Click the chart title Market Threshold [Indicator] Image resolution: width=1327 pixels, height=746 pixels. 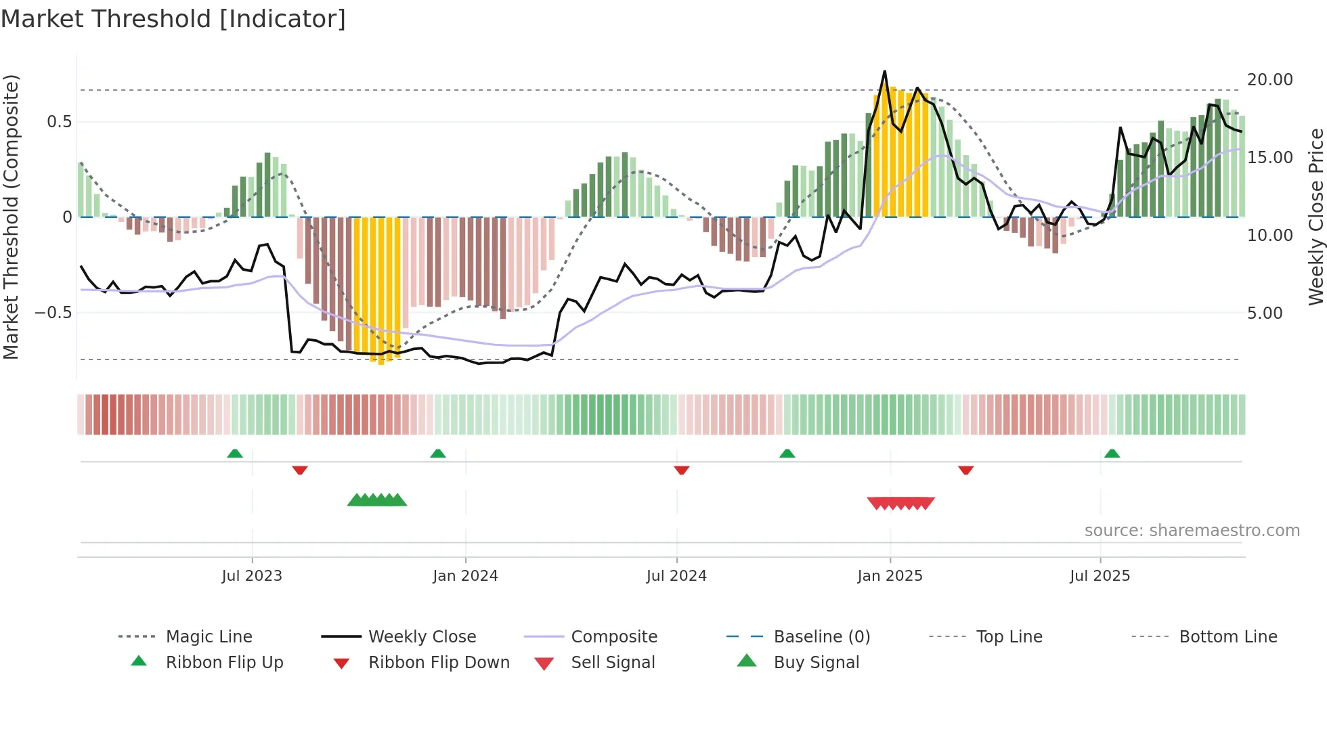pyautogui.click(x=173, y=19)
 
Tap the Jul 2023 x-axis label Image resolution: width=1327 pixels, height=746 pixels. pyautogui.click(x=252, y=576)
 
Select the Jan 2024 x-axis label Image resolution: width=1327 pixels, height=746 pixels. pyautogui.click(x=465, y=576)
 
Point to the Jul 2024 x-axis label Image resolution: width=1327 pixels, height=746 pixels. pyautogui.click(x=676, y=576)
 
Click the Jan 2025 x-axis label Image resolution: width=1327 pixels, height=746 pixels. pyautogui.click(x=890, y=576)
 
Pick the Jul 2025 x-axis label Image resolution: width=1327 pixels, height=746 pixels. pyautogui.click(x=1100, y=576)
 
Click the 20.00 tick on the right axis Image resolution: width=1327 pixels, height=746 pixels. pyautogui.click(x=1270, y=80)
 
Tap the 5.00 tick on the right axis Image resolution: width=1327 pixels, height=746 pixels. pyautogui.click(x=1265, y=313)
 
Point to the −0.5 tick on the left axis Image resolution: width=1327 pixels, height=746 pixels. pyautogui.click(x=53, y=313)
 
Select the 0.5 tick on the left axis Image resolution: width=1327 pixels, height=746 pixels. pyautogui.click(x=59, y=122)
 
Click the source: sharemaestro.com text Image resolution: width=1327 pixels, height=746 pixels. pyautogui.click(x=1192, y=531)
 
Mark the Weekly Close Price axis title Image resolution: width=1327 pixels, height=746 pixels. pyautogui.click(x=1315, y=217)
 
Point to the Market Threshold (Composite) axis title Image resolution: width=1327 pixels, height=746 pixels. pyautogui.click(x=11, y=217)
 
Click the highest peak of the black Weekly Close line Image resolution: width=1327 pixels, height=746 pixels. pyautogui.click(x=884, y=72)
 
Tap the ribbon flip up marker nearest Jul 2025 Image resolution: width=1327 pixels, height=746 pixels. pyautogui.click(x=1112, y=454)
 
